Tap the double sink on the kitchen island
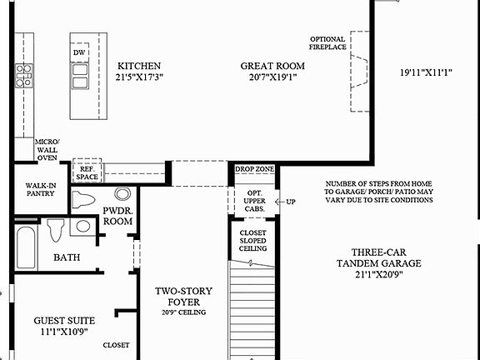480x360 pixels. coord(81,76)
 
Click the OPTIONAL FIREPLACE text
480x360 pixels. coord(327,43)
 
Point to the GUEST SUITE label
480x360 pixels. coord(64,325)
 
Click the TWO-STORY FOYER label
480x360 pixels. coord(185,297)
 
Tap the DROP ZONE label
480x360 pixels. coord(254,169)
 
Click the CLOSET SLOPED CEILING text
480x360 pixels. coord(253,241)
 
